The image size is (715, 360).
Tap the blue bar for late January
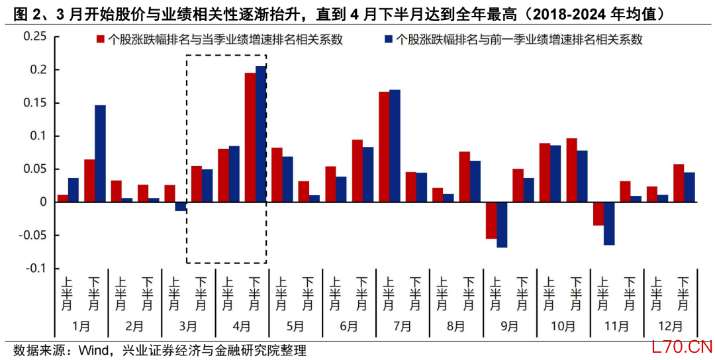point(100,154)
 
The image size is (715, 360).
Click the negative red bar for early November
point(598,213)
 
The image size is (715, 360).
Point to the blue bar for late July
point(395,146)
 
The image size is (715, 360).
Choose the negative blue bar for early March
point(181,206)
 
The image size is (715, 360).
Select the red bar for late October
point(572,170)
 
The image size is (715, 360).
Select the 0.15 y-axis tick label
point(34,103)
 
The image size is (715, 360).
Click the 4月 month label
point(242,326)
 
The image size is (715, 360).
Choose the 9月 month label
point(510,326)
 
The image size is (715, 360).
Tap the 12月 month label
point(671,326)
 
